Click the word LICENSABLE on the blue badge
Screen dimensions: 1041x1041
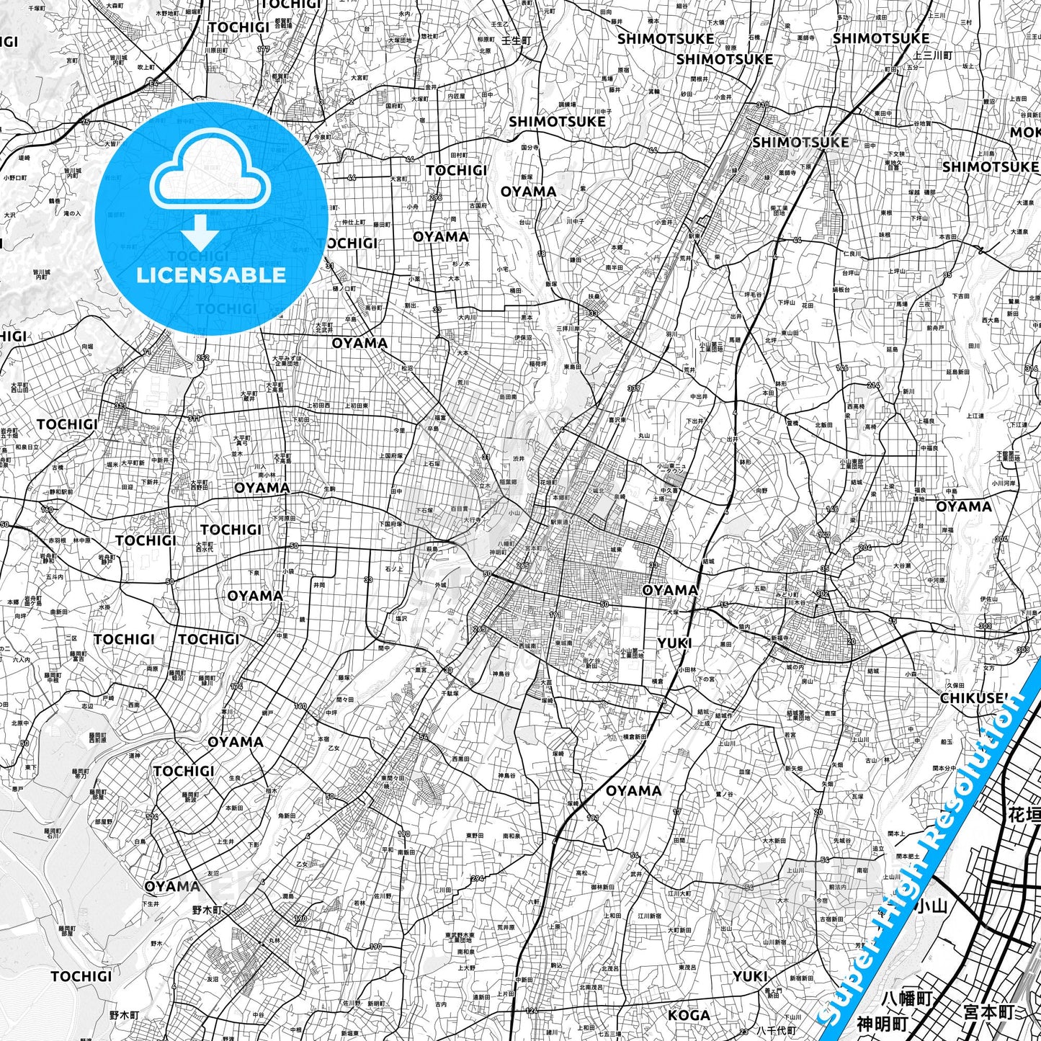coord(211,274)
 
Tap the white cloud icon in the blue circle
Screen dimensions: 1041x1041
coord(210,170)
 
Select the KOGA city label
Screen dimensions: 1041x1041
coord(689,1015)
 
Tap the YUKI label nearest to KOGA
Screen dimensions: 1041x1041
coord(750,976)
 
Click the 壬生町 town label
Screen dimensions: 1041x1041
coord(515,40)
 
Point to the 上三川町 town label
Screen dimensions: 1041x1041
coord(932,55)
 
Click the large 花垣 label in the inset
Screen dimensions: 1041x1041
coord(1024,815)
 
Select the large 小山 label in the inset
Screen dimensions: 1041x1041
coord(929,906)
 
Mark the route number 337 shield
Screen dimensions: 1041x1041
coord(634,389)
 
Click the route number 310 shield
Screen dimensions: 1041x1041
coord(762,105)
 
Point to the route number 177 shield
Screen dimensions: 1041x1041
coord(262,50)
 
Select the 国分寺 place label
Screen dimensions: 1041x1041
coord(532,147)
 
